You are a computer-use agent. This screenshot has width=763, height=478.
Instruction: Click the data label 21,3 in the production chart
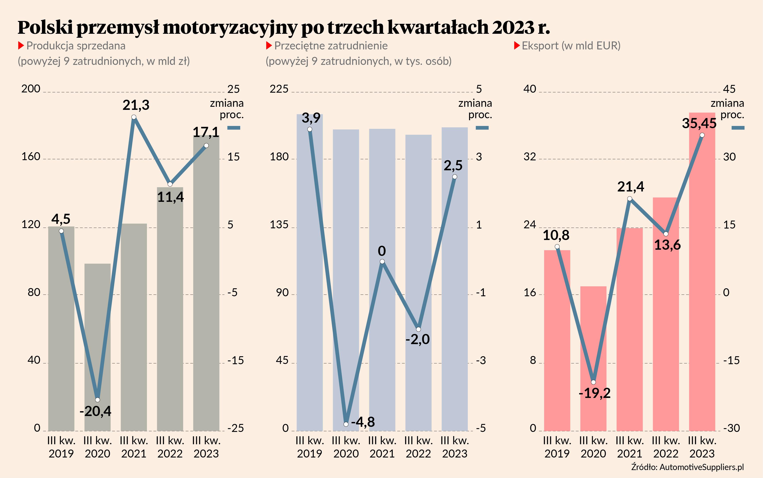pyautogui.click(x=136, y=105)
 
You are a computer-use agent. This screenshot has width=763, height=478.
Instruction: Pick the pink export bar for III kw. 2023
pyautogui.click(x=702, y=285)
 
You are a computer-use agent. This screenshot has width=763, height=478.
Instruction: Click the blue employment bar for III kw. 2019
pyautogui.click(x=310, y=285)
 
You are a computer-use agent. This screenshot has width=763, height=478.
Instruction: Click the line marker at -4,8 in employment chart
pyautogui.click(x=346, y=424)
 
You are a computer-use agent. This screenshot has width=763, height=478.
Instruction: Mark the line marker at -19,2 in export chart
pyautogui.click(x=593, y=382)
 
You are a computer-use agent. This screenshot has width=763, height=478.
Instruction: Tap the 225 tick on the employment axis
pyautogui.click(x=279, y=89)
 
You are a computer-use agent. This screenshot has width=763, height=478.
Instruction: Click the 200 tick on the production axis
pyautogui.click(x=31, y=89)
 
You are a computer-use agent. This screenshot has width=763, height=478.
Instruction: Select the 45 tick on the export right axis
pyautogui.click(x=729, y=89)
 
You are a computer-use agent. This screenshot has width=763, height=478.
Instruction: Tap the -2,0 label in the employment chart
pyautogui.click(x=418, y=339)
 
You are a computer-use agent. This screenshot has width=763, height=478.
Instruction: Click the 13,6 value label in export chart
pyautogui.click(x=667, y=245)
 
